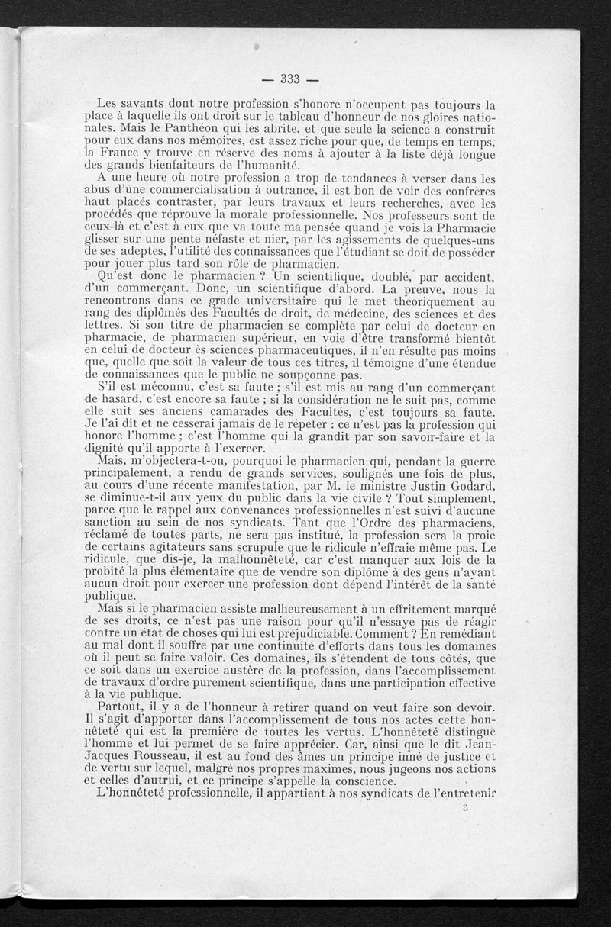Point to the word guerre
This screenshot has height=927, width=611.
[x=474, y=455]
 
